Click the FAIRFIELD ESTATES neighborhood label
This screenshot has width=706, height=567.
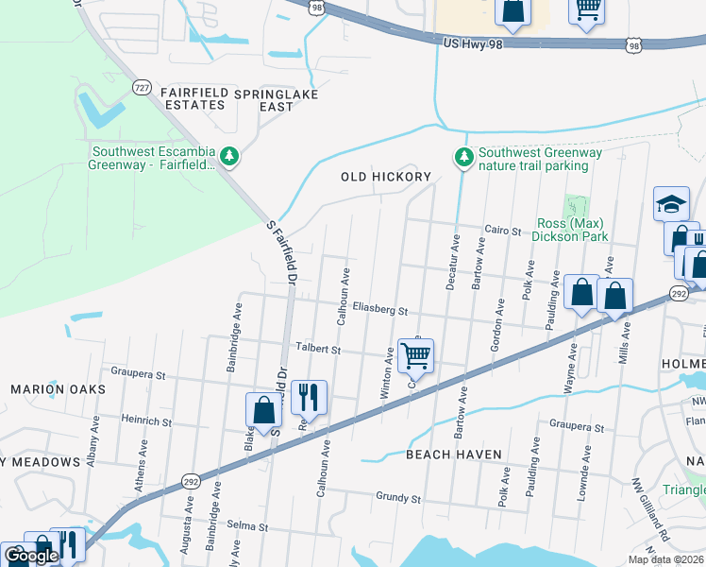[193, 98]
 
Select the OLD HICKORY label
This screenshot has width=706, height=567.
[386, 177]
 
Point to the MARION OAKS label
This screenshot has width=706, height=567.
[51, 388]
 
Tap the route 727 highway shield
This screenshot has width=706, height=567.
[142, 87]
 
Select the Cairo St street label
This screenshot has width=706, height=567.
[502, 230]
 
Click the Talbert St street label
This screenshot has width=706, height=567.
[317, 348]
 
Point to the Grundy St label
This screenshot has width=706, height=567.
[397, 496]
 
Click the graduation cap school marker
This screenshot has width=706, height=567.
[671, 203]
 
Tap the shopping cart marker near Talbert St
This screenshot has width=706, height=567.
[415, 356]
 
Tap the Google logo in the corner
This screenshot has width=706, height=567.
[32, 556]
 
